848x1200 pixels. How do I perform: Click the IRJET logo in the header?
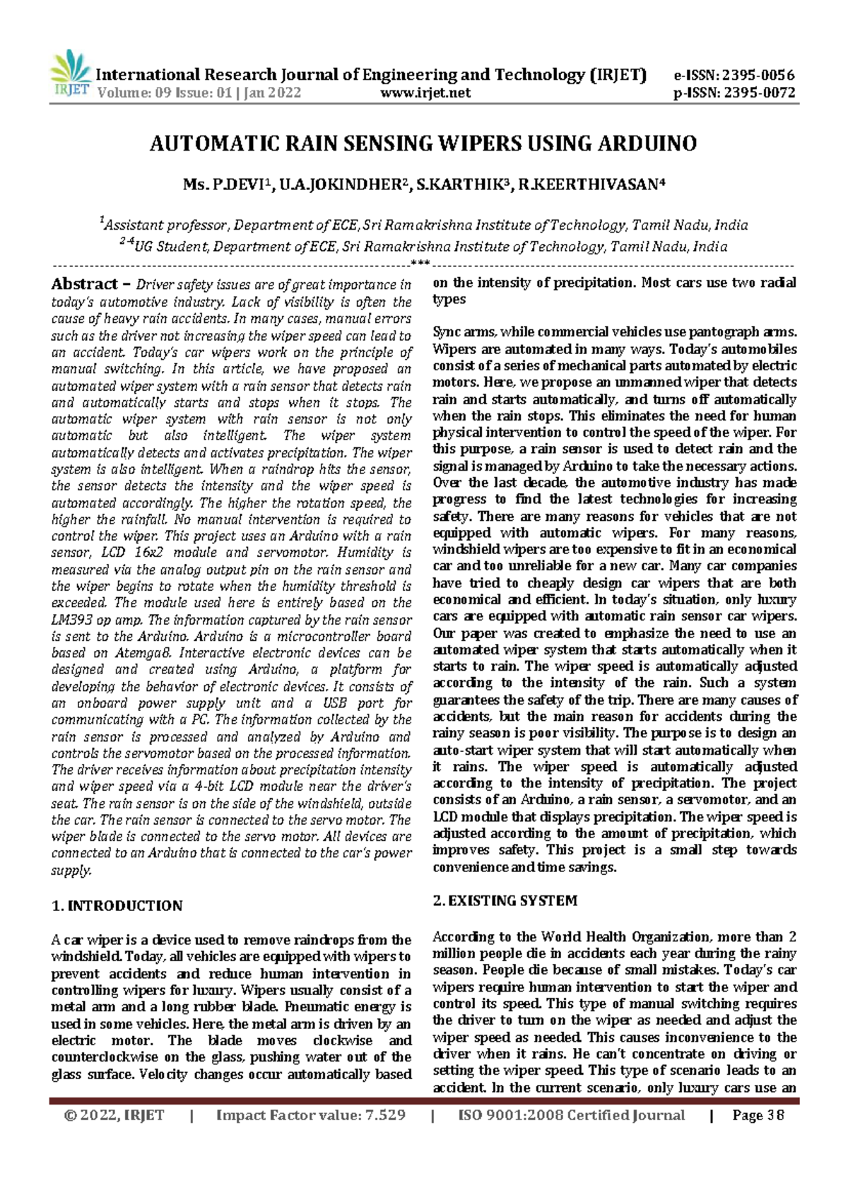71,75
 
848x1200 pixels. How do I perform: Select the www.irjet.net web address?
425,93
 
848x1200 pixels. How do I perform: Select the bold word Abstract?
84,284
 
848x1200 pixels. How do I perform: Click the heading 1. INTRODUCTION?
117,906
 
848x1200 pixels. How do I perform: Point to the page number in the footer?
759,1115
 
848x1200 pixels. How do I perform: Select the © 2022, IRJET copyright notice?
114,1115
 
